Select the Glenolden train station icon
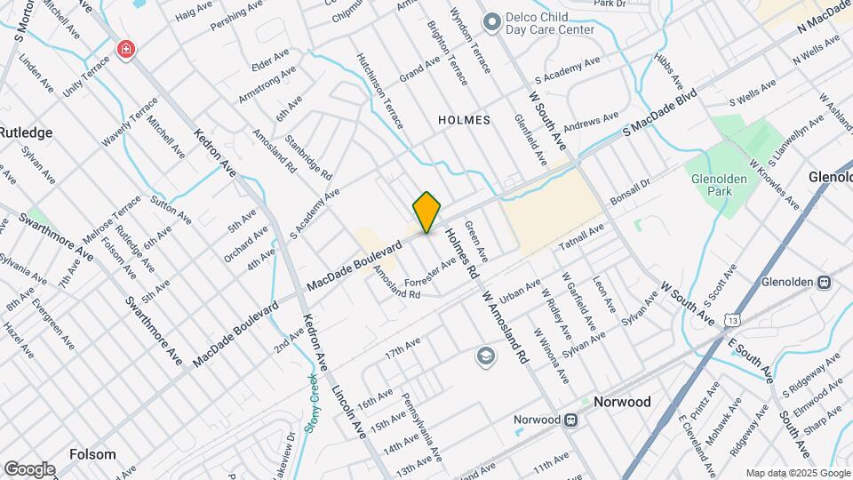click(x=824, y=282)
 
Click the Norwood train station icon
click(x=584, y=402)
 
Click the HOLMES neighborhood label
click(x=464, y=119)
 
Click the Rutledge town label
click(x=26, y=132)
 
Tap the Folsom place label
click(x=92, y=454)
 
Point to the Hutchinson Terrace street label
click(x=379, y=89)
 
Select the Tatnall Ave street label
click(x=581, y=236)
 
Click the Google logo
click(x=29, y=469)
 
